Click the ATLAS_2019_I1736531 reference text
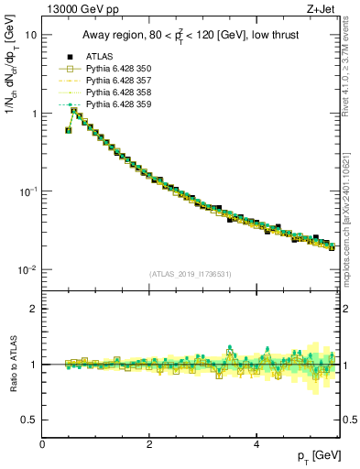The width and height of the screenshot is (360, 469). click(x=191, y=273)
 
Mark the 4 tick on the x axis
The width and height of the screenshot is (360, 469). click(x=256, y=442)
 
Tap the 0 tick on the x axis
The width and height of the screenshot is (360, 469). click(x=43, y=442)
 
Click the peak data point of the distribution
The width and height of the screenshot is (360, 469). click(x=75, y=112)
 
